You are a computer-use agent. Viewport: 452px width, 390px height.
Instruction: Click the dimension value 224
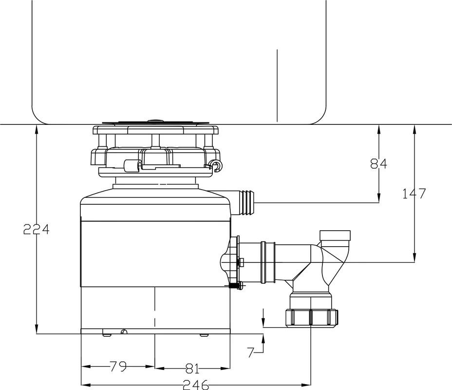(37, 229)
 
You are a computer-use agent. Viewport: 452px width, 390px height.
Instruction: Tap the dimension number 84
(378, 164)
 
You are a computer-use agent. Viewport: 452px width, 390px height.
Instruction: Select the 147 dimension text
(414, 194)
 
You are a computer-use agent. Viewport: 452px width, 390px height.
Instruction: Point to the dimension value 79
(118, 367)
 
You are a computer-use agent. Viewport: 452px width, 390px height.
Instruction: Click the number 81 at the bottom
(192, 369)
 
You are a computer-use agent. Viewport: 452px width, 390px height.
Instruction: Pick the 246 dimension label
(196, 385)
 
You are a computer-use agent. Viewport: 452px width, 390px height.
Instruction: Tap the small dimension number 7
(250, 352)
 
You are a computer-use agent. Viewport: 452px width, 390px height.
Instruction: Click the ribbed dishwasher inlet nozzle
(246, 203)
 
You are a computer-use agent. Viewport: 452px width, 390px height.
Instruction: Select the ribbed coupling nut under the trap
(311, 318)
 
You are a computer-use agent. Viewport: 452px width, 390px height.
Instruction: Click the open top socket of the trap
(335, 235)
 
